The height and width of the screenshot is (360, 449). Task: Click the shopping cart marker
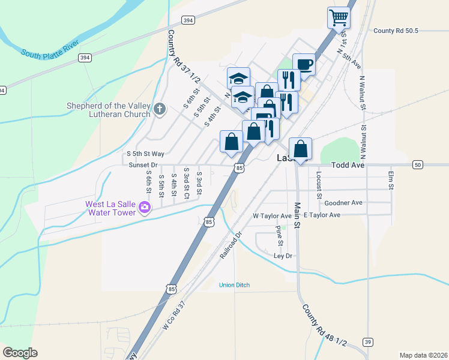click(339, 17)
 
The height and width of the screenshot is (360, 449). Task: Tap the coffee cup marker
click(304, 64)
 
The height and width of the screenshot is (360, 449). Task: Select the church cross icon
click(159, 109)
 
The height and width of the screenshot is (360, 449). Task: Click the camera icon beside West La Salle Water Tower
click(144, 208)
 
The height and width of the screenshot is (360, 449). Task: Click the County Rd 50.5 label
click(395, 31)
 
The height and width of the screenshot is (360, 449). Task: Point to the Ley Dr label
click(283, 256)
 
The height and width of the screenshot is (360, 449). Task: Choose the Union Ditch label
click(234, 284)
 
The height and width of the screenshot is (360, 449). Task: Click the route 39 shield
click(367, 342)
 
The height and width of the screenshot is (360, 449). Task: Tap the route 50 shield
click(418, 164)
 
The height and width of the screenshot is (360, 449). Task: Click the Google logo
click(20, 352)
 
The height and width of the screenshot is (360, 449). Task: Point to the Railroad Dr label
click(230, 245)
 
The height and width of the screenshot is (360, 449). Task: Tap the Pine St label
click(279, 236)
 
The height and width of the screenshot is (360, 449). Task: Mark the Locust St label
click(319, 187)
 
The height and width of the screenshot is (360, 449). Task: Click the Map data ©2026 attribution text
click(424, 355)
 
